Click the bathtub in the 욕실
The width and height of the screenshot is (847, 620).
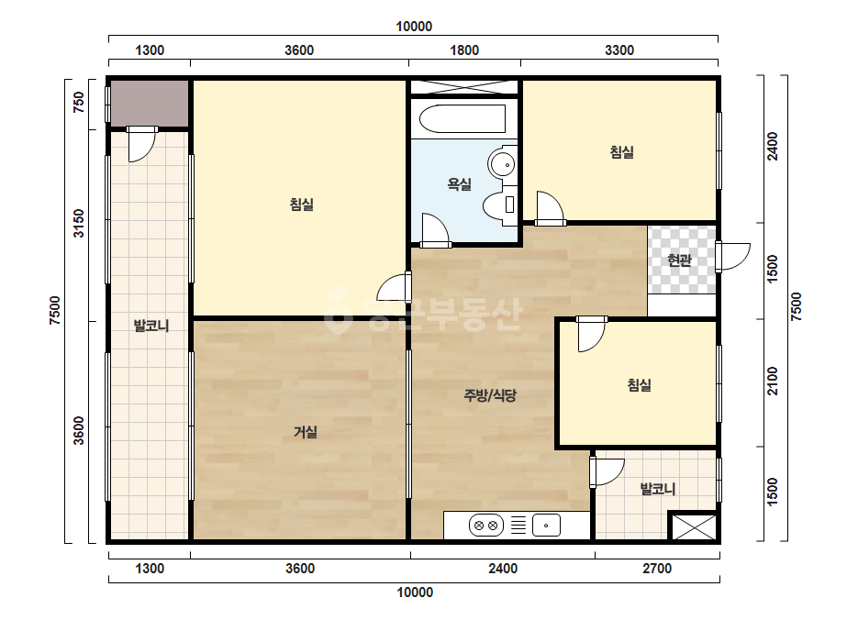(463, 118)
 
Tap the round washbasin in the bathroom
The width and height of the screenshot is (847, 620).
(503, 163)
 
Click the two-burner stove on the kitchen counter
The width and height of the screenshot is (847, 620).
(485, 525)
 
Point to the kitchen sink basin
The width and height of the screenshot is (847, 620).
(546, 525)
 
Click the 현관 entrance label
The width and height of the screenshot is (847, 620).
(680, 260)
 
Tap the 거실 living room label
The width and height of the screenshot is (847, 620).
(306, 432)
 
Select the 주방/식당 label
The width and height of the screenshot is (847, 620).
(490, 395)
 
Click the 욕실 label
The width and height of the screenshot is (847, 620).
(459, 184)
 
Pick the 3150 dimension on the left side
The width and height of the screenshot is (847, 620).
(79, 223)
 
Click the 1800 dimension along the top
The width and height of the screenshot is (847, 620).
(464, 50)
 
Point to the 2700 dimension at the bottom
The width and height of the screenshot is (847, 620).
(657, 569)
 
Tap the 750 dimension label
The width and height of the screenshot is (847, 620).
(79, 102)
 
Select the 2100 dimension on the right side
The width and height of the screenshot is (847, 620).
(773, 382)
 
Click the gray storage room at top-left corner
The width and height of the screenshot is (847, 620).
(150, 103)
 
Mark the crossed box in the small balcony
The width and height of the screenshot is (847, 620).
(694, 526)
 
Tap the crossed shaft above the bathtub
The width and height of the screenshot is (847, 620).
(464, 87)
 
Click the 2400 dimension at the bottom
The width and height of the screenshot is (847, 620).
(503, 569)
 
